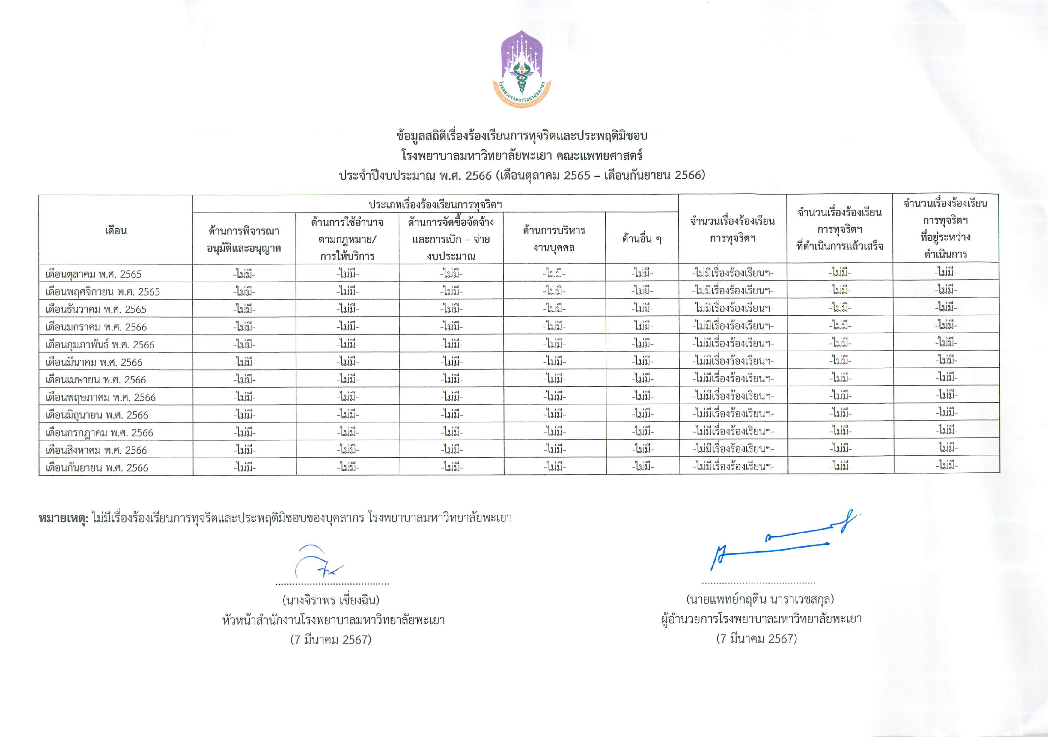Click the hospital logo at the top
(522, 69)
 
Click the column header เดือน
(115, 231)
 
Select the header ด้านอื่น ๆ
(642, 238)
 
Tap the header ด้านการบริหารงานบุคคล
(554, 238)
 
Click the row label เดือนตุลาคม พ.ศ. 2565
(94, 274)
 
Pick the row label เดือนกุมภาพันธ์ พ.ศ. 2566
(100, 345)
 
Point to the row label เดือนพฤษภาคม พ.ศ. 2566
(100, 398)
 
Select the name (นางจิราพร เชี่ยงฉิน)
(331, 600)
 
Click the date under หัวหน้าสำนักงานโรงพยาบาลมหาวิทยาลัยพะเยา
(331, 640)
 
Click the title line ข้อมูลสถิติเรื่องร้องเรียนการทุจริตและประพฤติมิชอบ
(522, 136)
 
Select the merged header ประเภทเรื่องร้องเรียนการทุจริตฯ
(436, 204)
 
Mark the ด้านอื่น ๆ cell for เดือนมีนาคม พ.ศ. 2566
(643, 361)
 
